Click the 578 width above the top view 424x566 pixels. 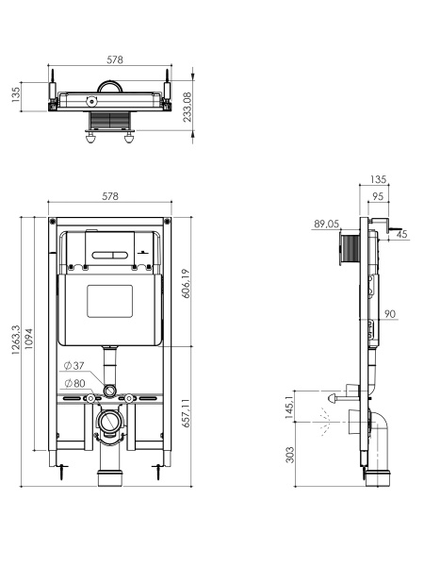[x=114, y=59]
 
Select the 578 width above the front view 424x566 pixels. [x=109, y=197]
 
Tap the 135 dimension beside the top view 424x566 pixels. [x=16, y=96]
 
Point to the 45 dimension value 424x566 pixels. [x=402, y=235]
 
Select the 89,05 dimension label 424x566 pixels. [x=326, y=225]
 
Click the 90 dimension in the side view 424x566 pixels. [x=389, y=315]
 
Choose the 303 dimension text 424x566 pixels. [x=289, y=456]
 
